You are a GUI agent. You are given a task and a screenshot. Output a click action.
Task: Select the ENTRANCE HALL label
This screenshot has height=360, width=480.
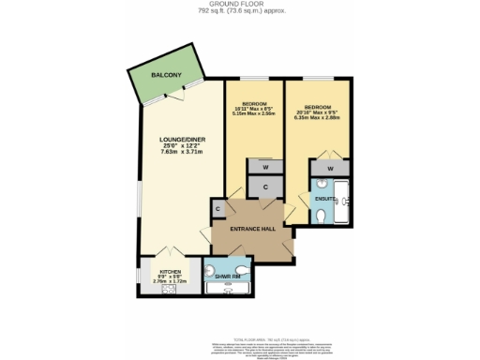click(x=252, y=229)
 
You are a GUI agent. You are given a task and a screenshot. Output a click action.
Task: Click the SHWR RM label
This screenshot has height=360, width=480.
click(x=224, y=277)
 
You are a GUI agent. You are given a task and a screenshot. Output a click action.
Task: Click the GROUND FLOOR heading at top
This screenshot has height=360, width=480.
click(x=239, y=4)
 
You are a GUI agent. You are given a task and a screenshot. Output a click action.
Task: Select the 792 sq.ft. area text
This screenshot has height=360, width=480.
click(x=239, y=10)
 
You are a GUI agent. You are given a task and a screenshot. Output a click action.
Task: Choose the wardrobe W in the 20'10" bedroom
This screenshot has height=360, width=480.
click(x=329, y=169)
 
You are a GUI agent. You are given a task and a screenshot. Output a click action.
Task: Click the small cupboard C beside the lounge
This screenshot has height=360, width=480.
click(x=217, y=209)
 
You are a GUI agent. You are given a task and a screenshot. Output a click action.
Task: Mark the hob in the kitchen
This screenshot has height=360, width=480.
click(x=171, y=290)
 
